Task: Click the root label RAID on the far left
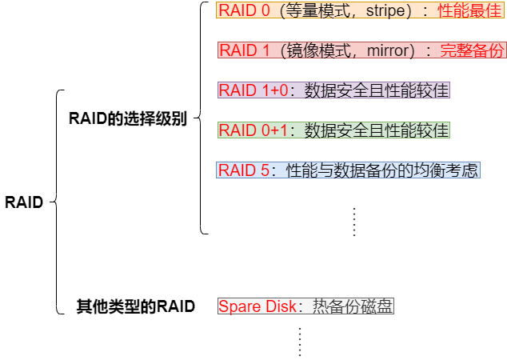pyautogui.click(x=23, y=202)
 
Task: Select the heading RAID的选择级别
pyautogui.click(x=127, y=119)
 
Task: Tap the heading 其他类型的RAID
pyautogui.click(x=135, y=306)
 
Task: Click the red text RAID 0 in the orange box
pyautogui.click(x=244, y=11)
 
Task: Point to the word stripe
pyautogui.click(x=388, y=11)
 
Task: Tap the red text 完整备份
pyautogui.click(x=473, y=50)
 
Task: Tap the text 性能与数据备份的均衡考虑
pyautogui.click(x=381, y=170)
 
